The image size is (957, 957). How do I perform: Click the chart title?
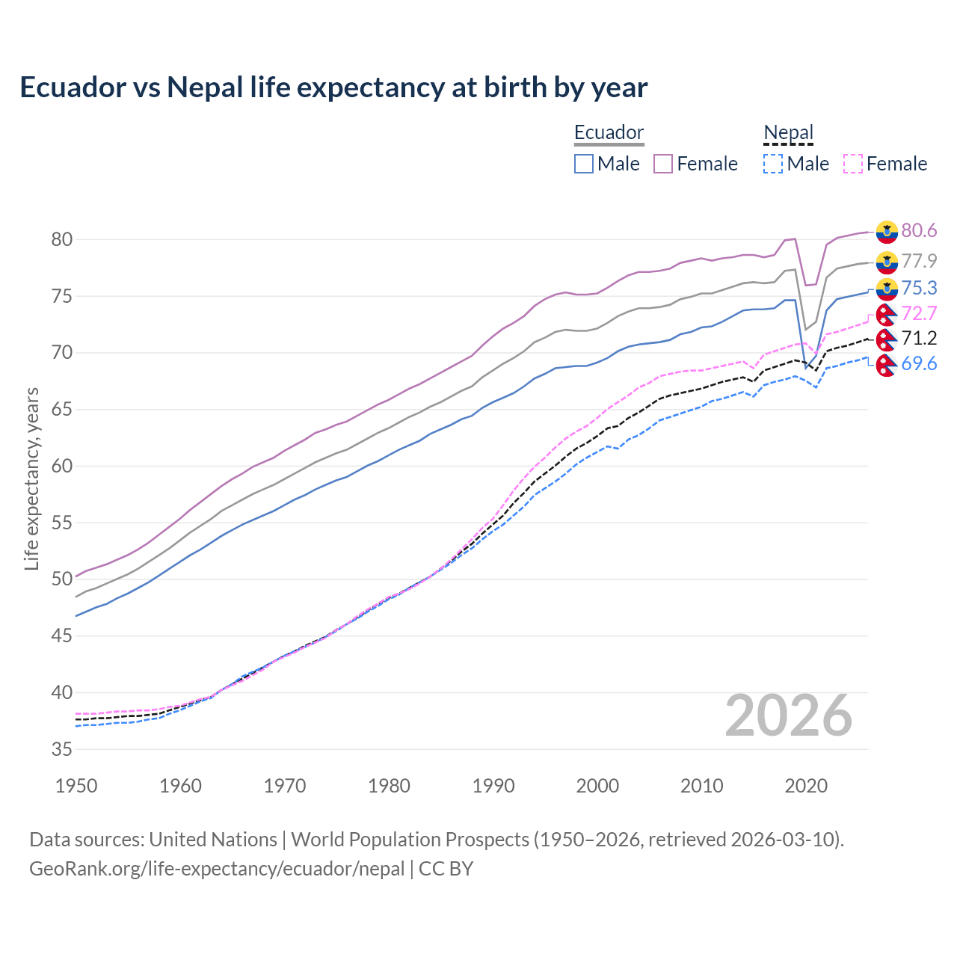coord(333,87)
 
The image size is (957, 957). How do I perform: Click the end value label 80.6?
coord(919,231)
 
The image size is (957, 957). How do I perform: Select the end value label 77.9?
coord(919,261)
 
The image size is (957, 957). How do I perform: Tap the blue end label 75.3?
coord(919,289)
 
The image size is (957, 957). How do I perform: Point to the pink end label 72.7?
coord(919,313)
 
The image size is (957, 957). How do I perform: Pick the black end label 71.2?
coord(919,339)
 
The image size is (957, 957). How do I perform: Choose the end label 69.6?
coord(919,364)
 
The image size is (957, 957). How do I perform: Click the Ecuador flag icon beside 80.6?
coord(887,232)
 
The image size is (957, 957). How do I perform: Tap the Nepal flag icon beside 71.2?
coord(887,339)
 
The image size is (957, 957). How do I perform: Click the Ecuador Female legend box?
coord(663,164)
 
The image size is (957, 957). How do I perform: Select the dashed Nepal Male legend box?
coord(773,164)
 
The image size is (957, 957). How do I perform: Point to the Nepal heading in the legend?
coord(788,133)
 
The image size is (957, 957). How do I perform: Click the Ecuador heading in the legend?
coord(609,133)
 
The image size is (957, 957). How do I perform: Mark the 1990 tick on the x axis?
coord(493,786)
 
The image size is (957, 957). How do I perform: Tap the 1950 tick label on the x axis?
coord(76,786)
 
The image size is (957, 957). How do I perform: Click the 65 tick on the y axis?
coord(61,410)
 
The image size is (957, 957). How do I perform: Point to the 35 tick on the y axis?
coord(61,750)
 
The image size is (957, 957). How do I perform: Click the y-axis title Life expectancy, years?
coord(31,478)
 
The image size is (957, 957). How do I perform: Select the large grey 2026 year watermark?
coord(788,716)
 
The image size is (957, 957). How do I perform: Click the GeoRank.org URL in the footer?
coord(217,869)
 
